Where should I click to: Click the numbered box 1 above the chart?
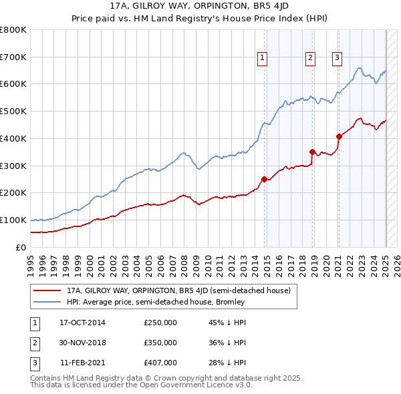(262, 58)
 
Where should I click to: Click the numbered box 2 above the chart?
(311, 58)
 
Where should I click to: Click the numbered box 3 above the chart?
(337, 58)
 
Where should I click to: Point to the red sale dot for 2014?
(264, 179)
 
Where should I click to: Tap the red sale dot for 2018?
(312, 152)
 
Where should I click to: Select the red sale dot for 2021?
(339, 136)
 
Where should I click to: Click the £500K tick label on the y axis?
(13, 111)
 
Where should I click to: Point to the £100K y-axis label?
(13, 220)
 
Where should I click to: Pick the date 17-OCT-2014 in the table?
(82, 323)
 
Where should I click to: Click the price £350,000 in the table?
(160, 343)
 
